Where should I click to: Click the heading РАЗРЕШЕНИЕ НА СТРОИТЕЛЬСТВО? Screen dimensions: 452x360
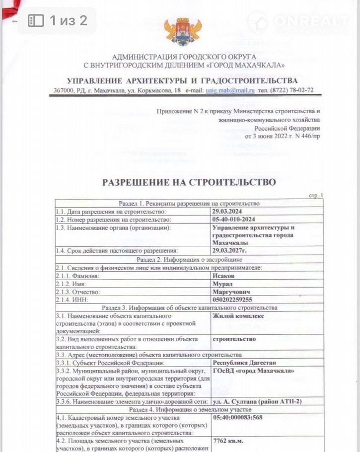(189, 182)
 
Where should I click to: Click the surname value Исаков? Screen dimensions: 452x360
(224, 275)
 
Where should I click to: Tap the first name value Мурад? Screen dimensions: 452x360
(222, 283)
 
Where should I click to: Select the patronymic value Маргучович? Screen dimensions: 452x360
(231, 292)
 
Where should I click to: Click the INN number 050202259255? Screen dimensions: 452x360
(232, 300)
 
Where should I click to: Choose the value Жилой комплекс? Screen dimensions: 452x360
(238, 316)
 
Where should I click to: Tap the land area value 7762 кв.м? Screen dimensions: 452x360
(229, 441)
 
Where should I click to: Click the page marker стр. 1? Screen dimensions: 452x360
(315, 196)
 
